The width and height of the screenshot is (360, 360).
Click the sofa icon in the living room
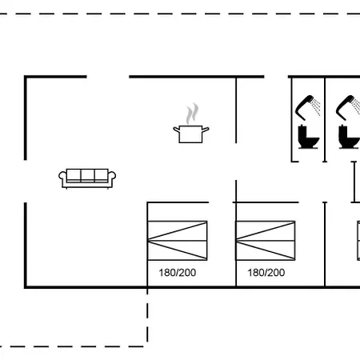87,178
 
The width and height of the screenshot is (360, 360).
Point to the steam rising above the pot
192,114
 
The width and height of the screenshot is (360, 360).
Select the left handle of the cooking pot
177,130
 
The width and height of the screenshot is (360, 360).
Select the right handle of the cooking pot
206,130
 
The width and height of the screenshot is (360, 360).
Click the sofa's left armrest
62,178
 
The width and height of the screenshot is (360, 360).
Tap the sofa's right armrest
112,178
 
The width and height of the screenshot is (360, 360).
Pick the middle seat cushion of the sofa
87,175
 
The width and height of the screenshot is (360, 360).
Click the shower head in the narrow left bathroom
307,107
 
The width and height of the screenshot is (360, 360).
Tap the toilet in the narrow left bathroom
308,137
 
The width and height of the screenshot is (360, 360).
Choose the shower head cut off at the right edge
348,107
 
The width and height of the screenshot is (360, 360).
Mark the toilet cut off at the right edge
349,137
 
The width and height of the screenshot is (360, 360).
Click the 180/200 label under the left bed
178,273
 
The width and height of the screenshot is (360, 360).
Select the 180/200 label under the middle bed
266,273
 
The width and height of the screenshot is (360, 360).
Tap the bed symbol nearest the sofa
178,241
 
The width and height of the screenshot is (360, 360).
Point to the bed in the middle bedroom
266,241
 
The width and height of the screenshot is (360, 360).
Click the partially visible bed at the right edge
358,241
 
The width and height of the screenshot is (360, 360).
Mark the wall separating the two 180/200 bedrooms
236,244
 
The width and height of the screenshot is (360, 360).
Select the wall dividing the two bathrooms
325,119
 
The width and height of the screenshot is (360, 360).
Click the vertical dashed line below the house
147,315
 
